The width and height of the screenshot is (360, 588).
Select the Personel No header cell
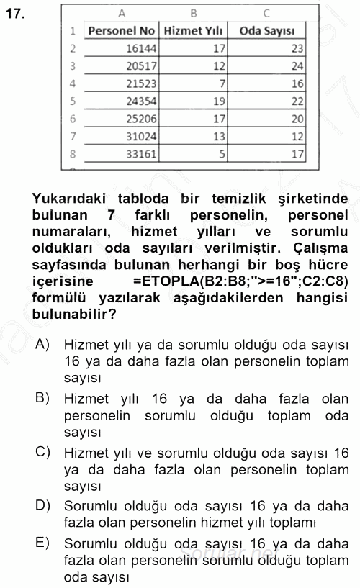tap(121, 31)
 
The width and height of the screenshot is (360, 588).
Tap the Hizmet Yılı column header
tap(193, 31)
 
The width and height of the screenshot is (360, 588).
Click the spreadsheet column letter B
tap(193, 13)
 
